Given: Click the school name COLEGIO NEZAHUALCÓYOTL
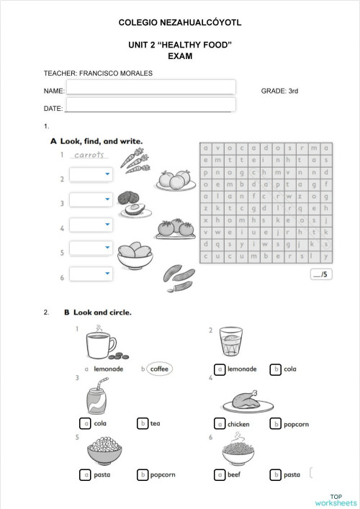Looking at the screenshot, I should point(179,23).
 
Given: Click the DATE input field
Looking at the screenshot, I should point(148,107).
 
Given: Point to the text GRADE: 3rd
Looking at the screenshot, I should point(279,91).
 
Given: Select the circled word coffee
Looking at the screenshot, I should point(158,369).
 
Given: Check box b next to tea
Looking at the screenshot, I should point(143,423).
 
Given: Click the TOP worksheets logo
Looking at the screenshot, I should point(336,500).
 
